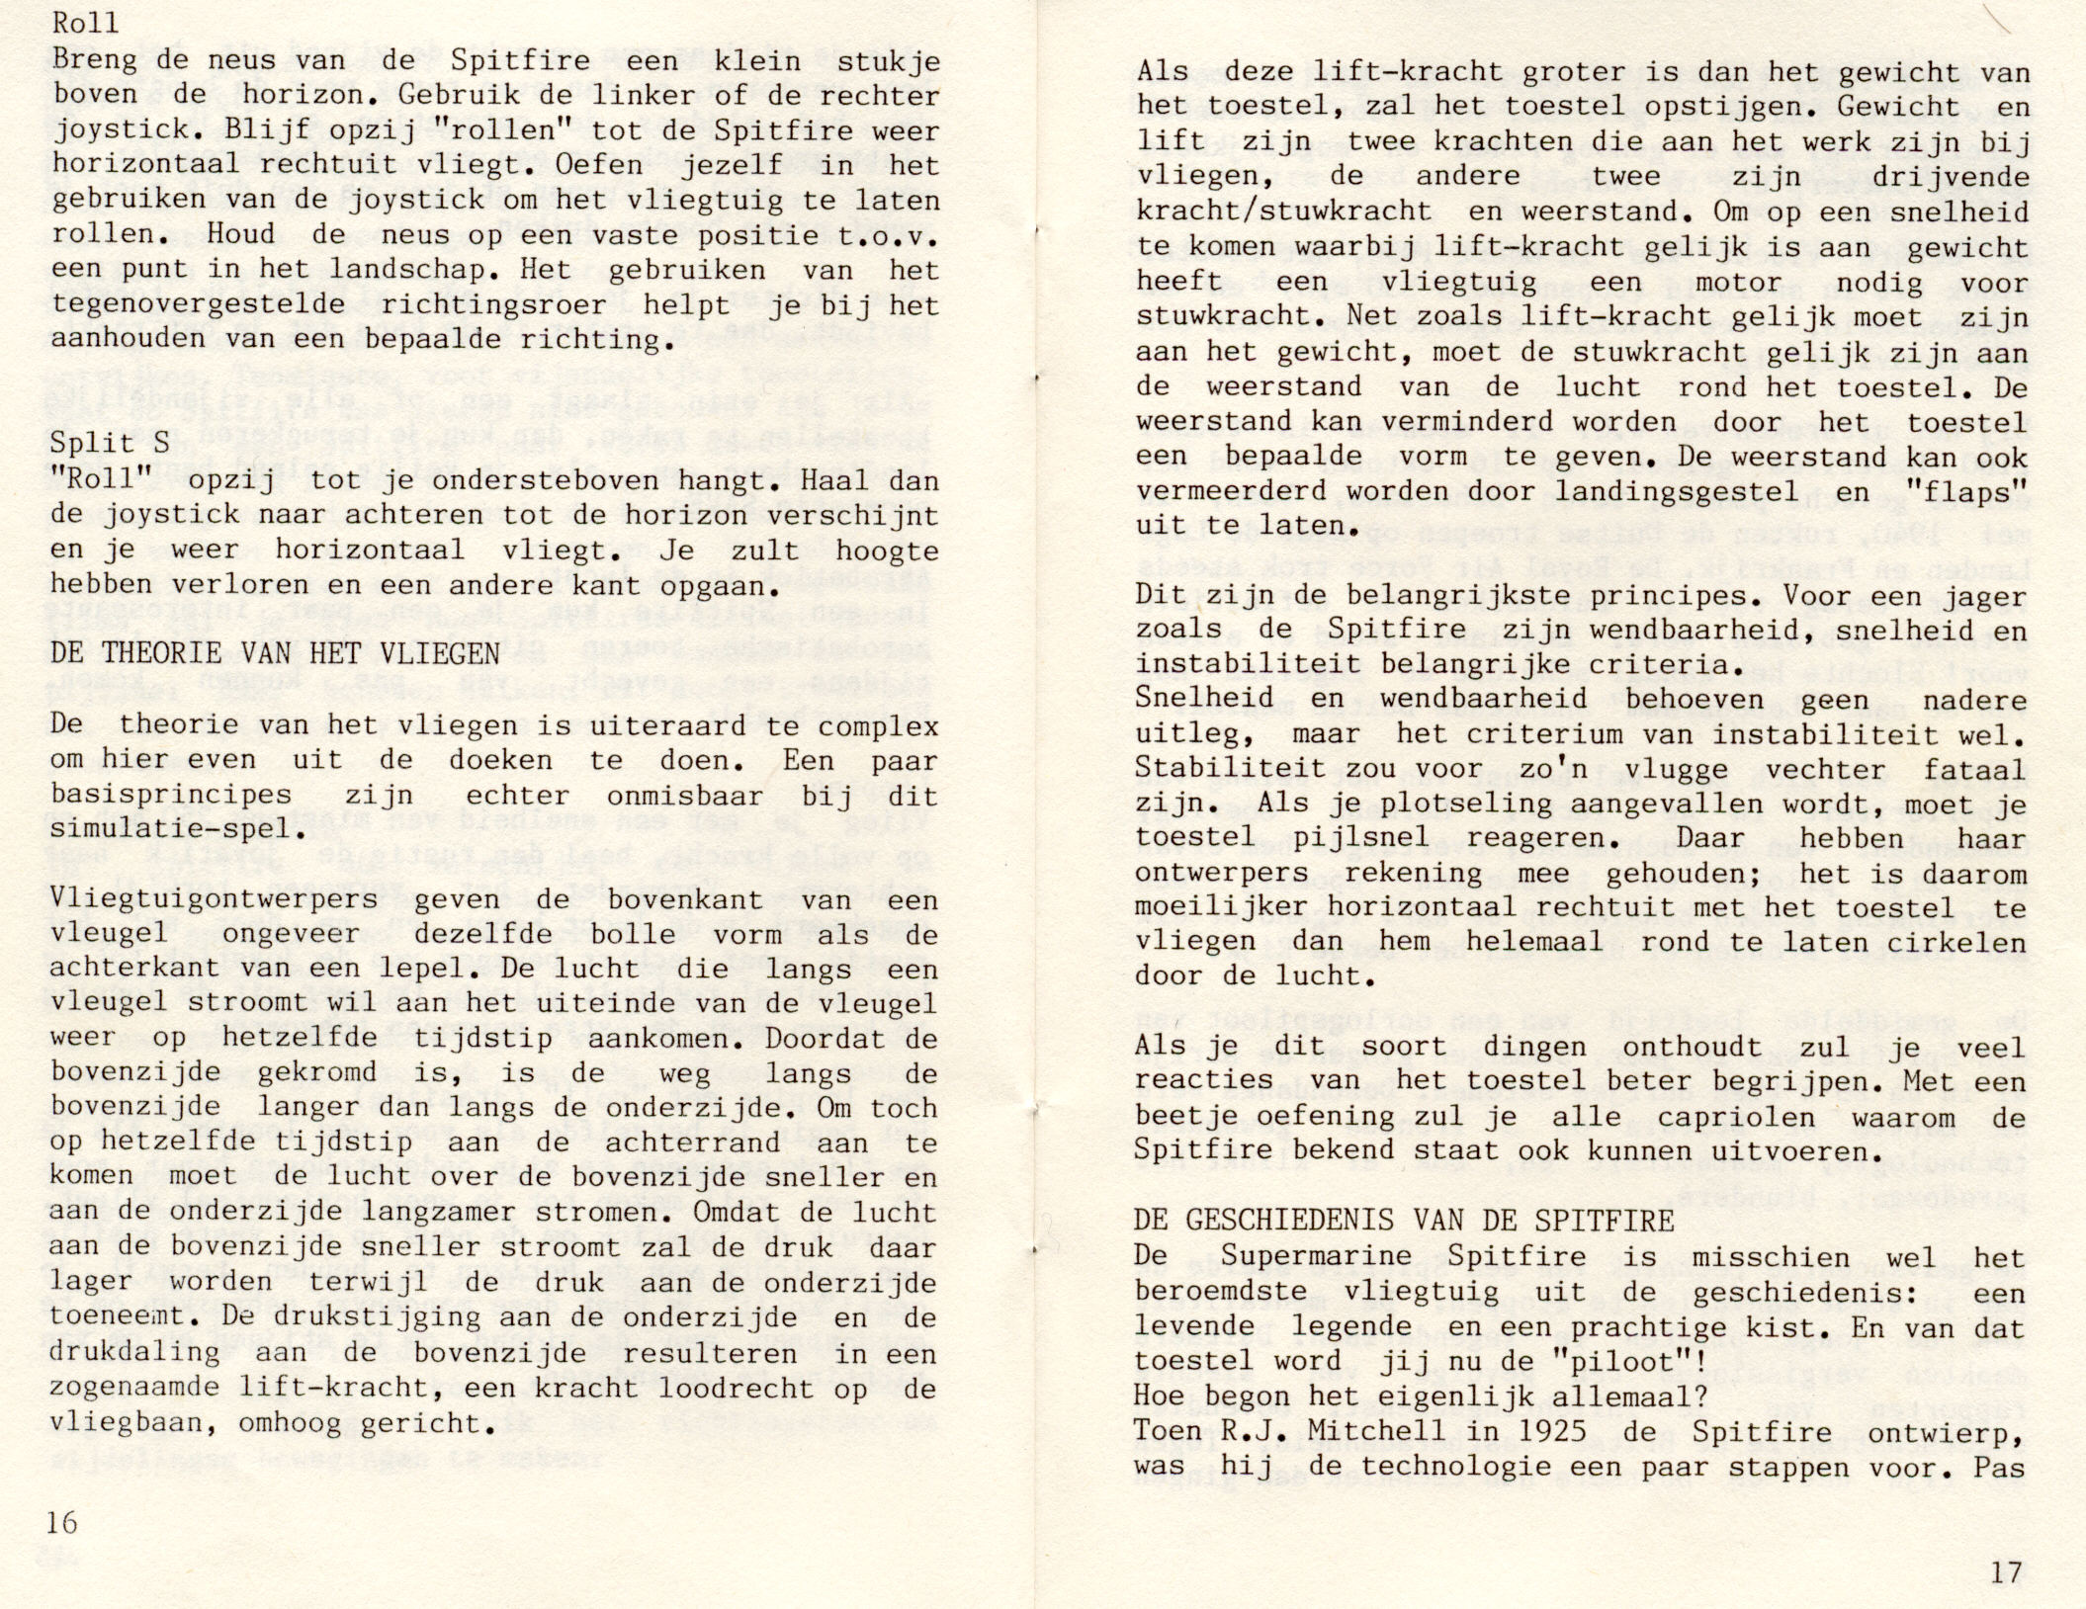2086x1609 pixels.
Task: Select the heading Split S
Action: pyautogui.click(x=110, y=444)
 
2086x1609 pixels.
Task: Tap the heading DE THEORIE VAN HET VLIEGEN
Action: pyautogui.click(x=275, y=653)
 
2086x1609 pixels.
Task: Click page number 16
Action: pyautogui.click(x=61, y=1523)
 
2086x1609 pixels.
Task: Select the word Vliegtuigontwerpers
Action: pyautogui.click(x=215, y=900)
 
